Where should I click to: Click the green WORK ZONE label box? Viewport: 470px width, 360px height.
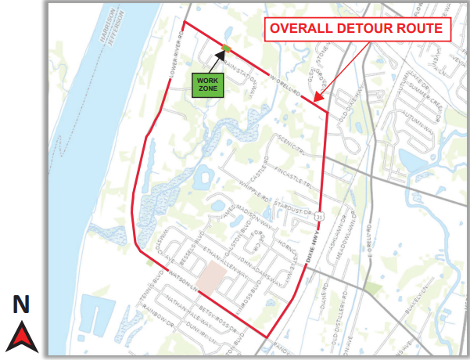(207, 85)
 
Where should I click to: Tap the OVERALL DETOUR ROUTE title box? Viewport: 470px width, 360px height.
(358, 30)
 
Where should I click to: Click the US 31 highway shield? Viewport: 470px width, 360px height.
(321, 216)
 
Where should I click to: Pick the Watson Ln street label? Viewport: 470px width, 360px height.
(180, 283)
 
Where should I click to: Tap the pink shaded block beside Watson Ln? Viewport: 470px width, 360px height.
(210, 276)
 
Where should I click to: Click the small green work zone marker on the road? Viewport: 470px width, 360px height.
(226, 49)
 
